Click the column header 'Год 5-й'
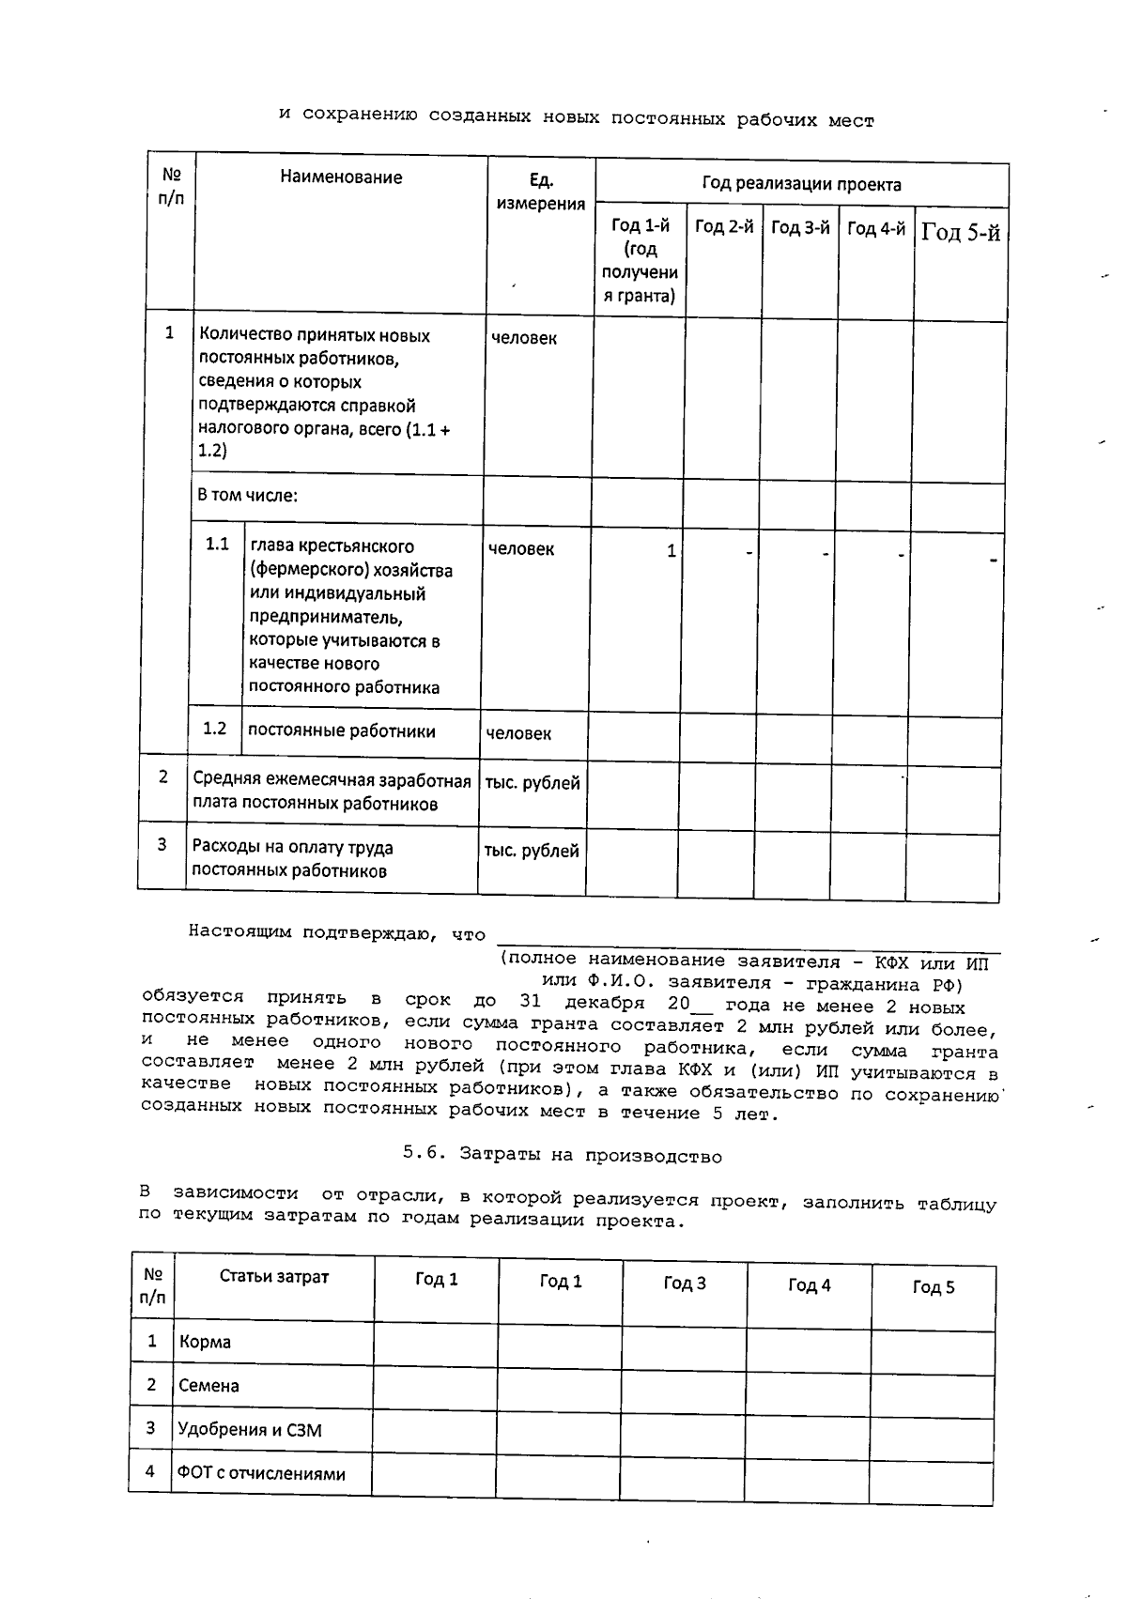(960, 232)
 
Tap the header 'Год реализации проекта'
(801, 184)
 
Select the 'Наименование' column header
(341, 177)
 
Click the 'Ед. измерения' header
(540, 192)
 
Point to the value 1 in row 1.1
(671, 551)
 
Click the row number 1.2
(215, 729)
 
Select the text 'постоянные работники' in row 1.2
(341, 730)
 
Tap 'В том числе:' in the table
(247, 495)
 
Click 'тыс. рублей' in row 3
(531, 851)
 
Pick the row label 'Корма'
(205, 1342)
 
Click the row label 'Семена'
(208, 1386)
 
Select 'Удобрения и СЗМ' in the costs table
(249, 1430)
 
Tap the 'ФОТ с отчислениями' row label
(261, 1474)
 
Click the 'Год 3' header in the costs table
(684, 1284)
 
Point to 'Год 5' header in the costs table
(933, 1287)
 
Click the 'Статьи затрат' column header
(274, 1277)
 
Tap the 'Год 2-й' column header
(723, 227)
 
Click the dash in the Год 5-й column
(993, 561)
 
